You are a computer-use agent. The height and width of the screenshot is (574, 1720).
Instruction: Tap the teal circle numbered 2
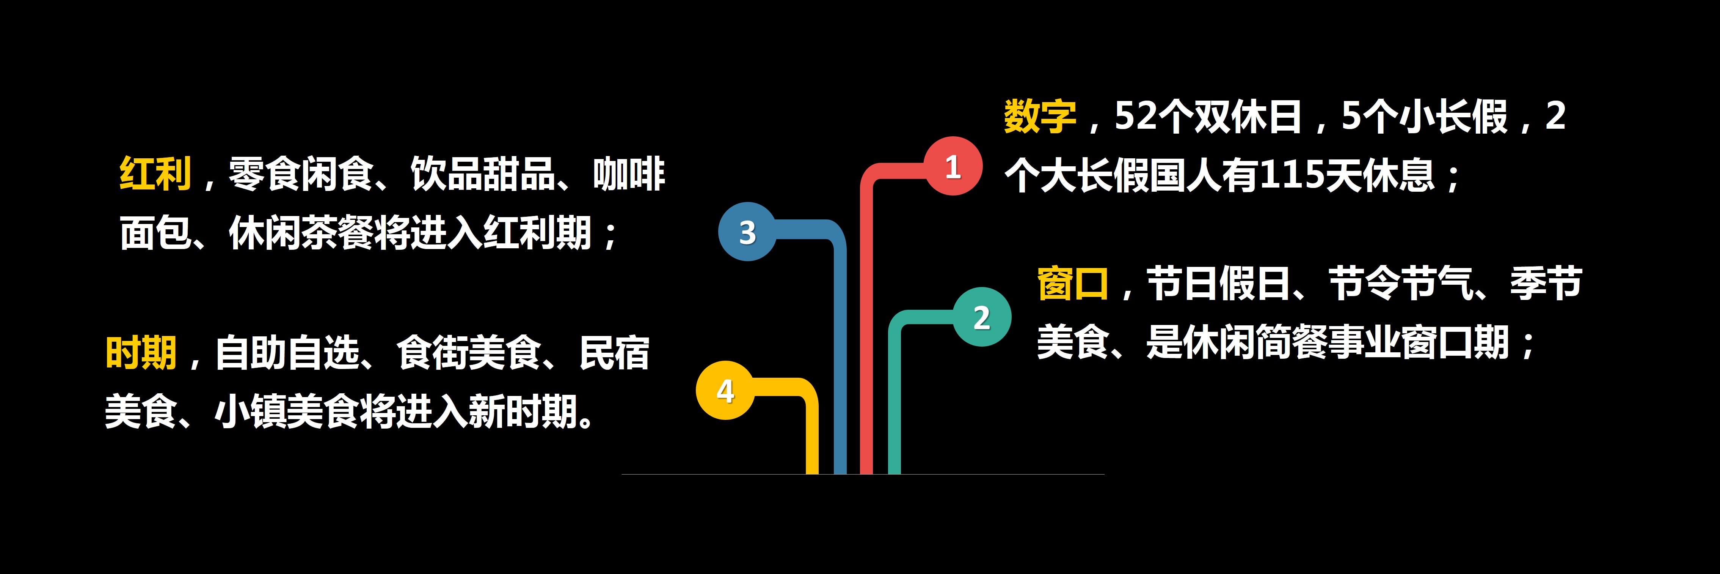(x=981, y=317)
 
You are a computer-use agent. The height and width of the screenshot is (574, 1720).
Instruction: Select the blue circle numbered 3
(x=747, y=231)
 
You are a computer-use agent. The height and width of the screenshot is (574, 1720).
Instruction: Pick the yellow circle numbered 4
(x=725, y=390)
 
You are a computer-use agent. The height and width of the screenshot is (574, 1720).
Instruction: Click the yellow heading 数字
(x=1040, y=116)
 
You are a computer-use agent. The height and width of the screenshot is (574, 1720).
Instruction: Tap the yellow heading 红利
(x=155, y=174)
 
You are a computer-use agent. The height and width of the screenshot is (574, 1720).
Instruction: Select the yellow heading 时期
(x=141, y=353)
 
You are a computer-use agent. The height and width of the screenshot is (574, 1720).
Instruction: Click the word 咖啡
(x=629, y=174)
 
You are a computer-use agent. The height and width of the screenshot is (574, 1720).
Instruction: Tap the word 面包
(x=155, y=233)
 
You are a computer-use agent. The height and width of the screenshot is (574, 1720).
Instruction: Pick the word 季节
(x=1546, y=283)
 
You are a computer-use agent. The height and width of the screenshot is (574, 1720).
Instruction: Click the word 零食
(x=265, y=174)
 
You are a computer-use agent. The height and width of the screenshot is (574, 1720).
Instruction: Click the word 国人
(x=1186, y=175)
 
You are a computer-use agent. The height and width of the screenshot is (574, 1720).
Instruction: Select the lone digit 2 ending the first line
(x=1556, y=116)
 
